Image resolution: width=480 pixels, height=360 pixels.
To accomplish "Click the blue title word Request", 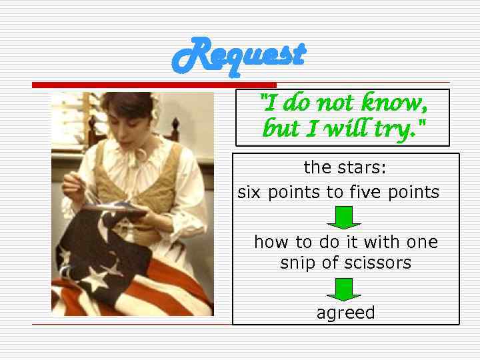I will point(239,55).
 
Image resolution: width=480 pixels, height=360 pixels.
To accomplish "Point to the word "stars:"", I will point(363,166).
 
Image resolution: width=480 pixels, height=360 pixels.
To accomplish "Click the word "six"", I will point(249,193).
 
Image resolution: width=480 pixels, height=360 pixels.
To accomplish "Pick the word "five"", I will point(363,193).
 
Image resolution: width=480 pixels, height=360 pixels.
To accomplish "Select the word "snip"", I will point(298,263).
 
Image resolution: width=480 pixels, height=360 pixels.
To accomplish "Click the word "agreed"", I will point(345,313).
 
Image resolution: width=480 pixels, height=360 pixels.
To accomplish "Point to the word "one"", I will point(423,242).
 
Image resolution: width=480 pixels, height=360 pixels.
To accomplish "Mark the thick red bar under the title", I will point(154,85).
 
